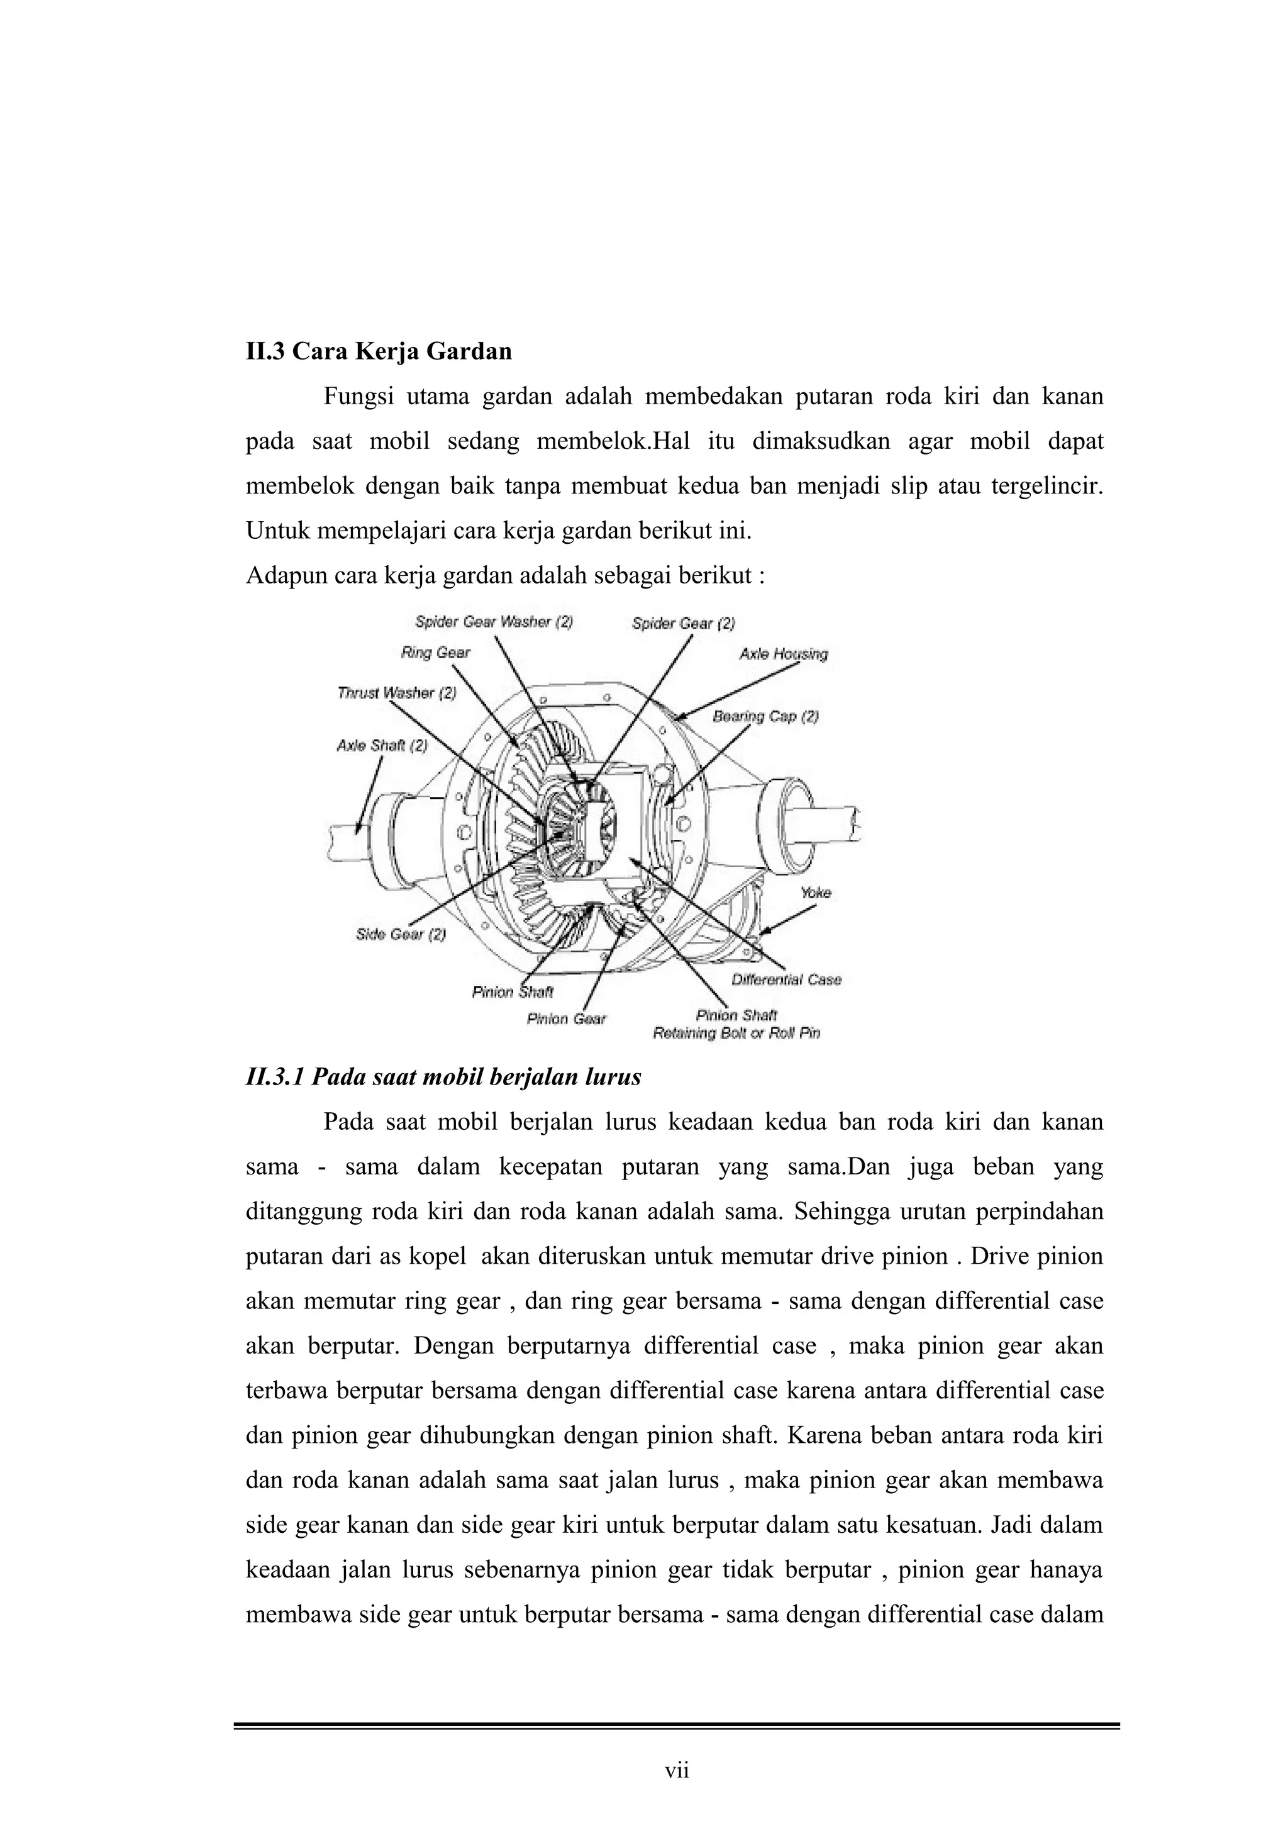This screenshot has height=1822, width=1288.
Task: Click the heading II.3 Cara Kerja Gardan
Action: click(x=379, y=351)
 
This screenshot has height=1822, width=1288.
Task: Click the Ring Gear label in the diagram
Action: click(x=436, y=653)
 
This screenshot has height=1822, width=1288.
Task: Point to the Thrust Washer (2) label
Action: click(x=397, y=693)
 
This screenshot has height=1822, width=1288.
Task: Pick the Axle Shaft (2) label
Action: click(x=382, y=746)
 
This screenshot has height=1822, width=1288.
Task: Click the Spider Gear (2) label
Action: click(x=683, y=624)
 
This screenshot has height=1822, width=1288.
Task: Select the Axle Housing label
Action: click(x=783, y=654)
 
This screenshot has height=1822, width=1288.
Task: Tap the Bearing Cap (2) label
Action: click(x=765, y=717)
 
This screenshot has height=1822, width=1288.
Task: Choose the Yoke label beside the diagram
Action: click(x=816, y=892)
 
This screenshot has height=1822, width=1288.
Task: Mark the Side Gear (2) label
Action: click(x=401, y=934)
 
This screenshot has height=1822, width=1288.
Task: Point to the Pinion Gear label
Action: click(x=566, y=1019)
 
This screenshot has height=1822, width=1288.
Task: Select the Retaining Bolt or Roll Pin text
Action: click(x=736, y=1033)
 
